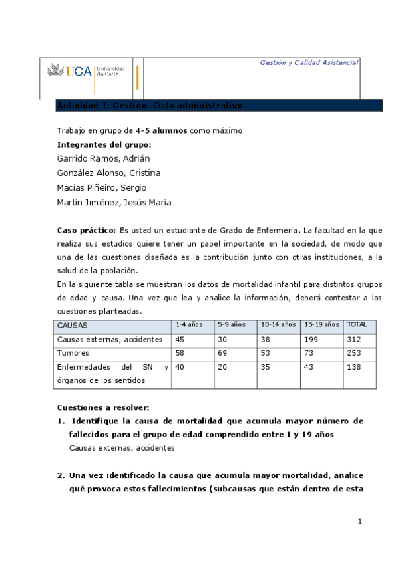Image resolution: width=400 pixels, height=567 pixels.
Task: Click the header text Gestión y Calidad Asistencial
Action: (x=309, y=62)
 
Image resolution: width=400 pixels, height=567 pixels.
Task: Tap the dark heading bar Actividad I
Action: (x=219, y=106)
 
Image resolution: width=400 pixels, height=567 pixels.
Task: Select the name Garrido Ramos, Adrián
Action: (x=103, y=158)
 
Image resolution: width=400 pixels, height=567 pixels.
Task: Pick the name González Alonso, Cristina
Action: (x=108, y=173)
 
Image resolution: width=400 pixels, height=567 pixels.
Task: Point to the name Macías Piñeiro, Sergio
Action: (x=102, y=188)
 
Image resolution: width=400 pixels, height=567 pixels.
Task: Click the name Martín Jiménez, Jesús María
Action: (x=114, y=203)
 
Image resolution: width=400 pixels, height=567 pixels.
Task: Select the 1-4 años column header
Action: (x=189, y=324)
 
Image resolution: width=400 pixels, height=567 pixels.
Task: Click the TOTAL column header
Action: (x=357, y=324)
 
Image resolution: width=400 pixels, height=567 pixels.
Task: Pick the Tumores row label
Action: (x=73, y=352)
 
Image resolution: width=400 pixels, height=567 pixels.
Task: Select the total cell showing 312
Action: (x=354, y=339)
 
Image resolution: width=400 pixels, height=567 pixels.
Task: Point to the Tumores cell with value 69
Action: (x=224, y=352)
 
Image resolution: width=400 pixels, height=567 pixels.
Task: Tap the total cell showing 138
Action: (x=354, y=367)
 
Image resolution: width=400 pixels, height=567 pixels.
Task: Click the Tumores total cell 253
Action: (x=354, y=352)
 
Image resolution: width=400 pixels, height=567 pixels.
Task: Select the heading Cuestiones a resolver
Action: (x=103, y=407)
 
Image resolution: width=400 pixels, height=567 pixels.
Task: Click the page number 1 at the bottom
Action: (x=359, y=522)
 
